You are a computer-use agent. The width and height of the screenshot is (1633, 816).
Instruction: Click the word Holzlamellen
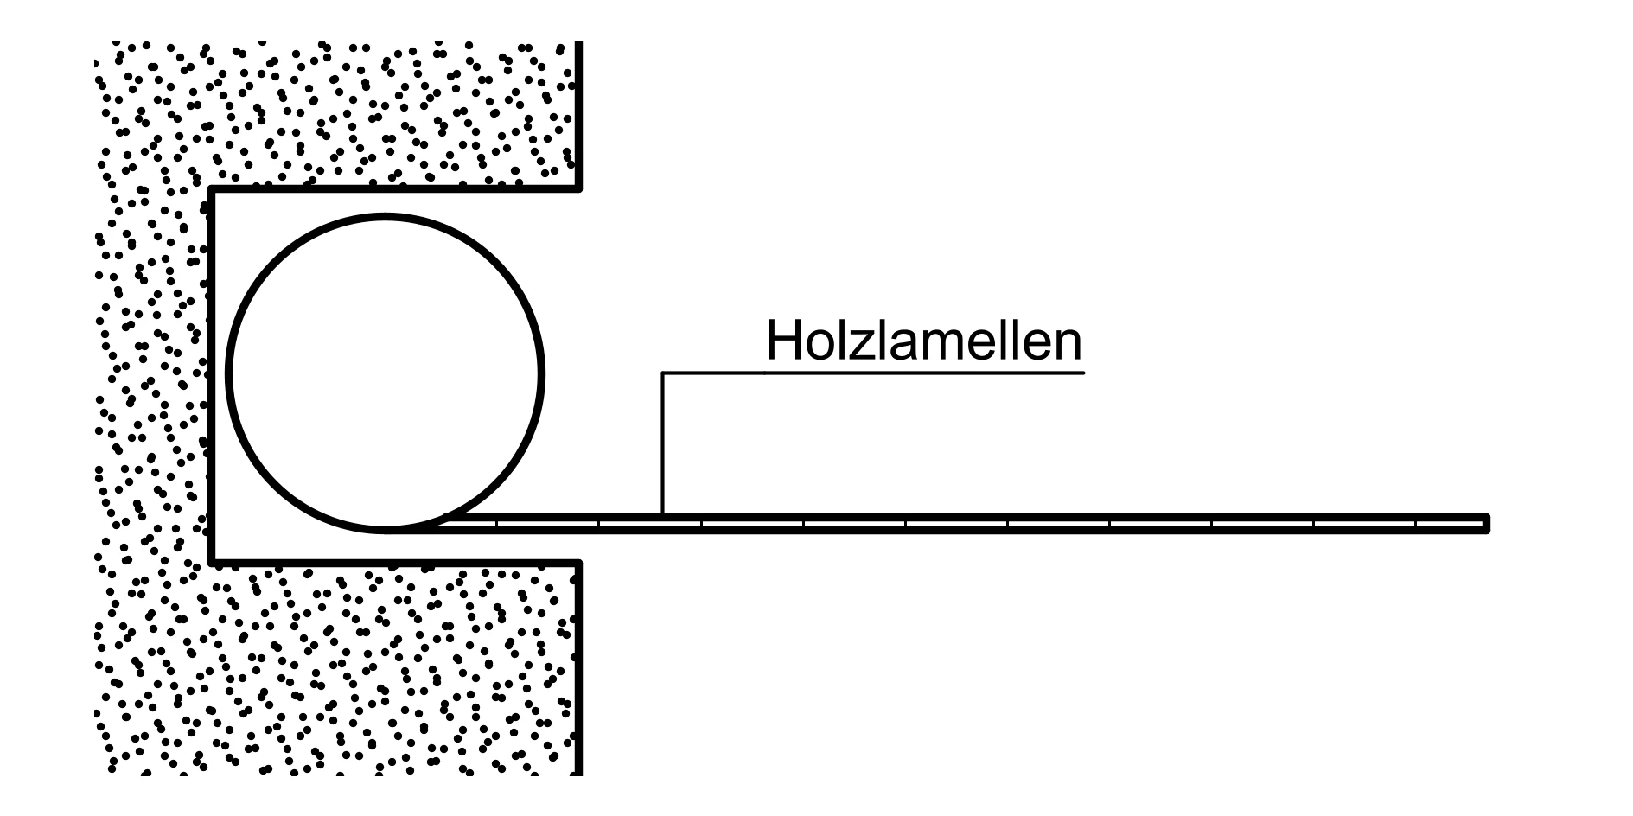pos(923,342)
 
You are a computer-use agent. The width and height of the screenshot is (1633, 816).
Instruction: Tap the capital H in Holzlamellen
pos(781,342)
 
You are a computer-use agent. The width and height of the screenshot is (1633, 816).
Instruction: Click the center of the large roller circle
pos(386,373)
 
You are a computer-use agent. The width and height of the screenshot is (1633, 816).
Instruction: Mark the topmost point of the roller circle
pos(386,217)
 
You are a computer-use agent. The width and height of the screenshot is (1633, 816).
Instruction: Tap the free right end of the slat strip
pos(1486,524)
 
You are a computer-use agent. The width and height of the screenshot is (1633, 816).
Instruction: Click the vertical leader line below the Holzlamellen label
pos(663,441)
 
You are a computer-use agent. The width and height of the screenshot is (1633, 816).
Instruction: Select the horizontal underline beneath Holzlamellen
pos(873,373)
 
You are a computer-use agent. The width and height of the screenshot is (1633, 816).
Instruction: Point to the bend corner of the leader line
pos(663,373)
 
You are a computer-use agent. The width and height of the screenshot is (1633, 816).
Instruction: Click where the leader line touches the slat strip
pos(663,515)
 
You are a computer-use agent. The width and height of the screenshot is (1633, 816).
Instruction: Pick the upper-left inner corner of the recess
pos(213,188)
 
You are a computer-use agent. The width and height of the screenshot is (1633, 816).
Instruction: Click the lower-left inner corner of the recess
pos(213,563)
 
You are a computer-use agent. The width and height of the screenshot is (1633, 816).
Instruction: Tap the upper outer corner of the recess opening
pos(579,188)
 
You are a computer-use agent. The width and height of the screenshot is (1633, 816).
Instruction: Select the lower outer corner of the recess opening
pos(579,563)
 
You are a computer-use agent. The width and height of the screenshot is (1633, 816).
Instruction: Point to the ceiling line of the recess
pos(398,188)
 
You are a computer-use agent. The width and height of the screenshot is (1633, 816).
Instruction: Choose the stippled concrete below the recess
pos(346,666)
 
